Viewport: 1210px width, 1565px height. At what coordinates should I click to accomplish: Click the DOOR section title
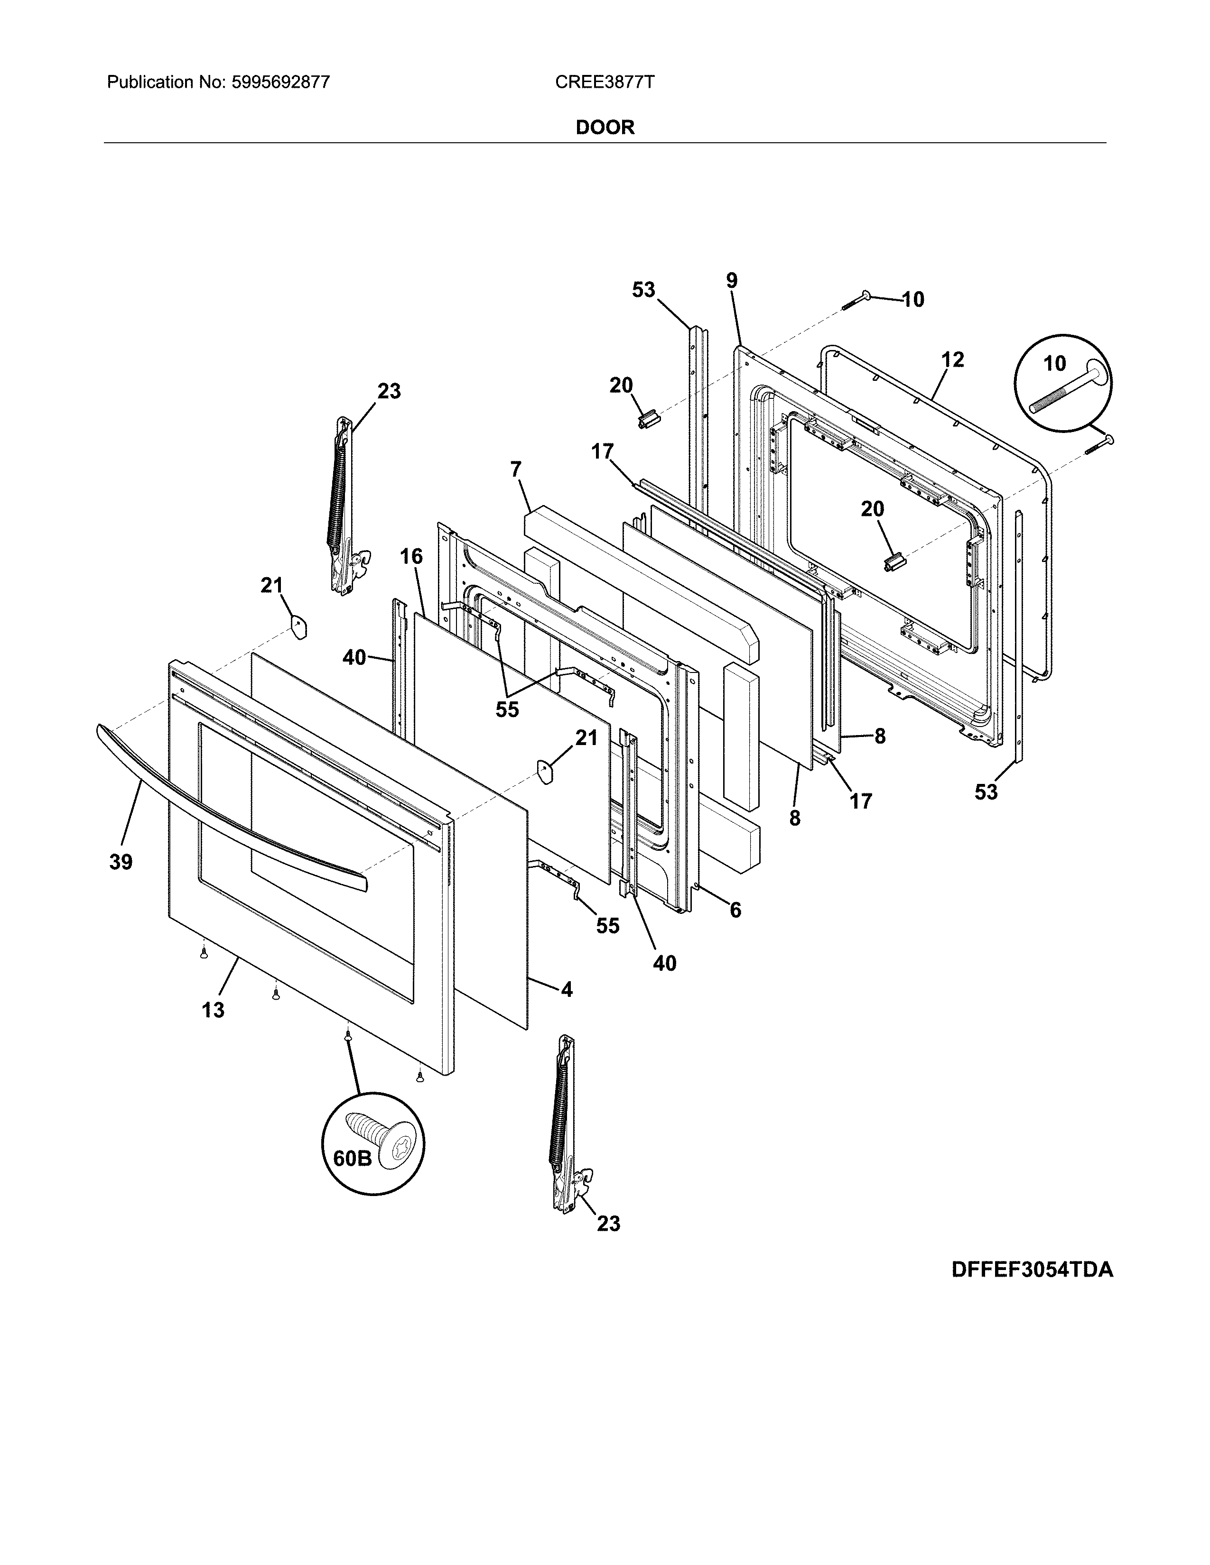605,128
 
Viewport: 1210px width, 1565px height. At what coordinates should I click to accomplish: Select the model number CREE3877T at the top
604,83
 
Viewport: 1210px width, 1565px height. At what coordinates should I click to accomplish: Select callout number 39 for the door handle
121,862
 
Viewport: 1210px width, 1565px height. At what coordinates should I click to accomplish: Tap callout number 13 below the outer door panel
213,1010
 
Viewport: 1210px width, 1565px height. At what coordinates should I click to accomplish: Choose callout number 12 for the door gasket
953,360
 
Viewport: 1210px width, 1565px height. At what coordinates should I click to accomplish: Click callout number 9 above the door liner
731,281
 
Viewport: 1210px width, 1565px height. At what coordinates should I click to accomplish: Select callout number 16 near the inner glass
411,556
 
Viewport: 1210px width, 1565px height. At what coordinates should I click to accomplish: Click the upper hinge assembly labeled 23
343,509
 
